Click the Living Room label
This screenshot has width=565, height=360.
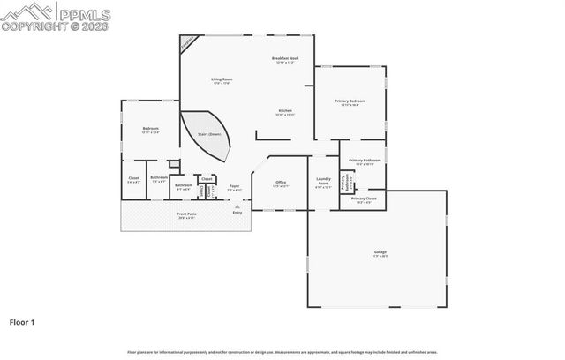click(222, 80)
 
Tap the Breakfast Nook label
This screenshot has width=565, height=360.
click(286, 59)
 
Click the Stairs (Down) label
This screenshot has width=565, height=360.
click(208, 133)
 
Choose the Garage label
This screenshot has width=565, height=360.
click(379, 252)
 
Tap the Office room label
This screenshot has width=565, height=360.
click(280, 183)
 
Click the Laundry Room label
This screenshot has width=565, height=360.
click(323, 183)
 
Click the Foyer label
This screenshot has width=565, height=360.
click(235, 186)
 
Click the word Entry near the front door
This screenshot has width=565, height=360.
click(237, 213)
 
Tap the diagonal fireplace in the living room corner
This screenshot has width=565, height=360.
click(187, 42)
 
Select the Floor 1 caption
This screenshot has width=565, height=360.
click(22, 323)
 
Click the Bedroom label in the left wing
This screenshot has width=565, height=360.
click(150, 131)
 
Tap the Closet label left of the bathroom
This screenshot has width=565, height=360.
click(133, 179)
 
